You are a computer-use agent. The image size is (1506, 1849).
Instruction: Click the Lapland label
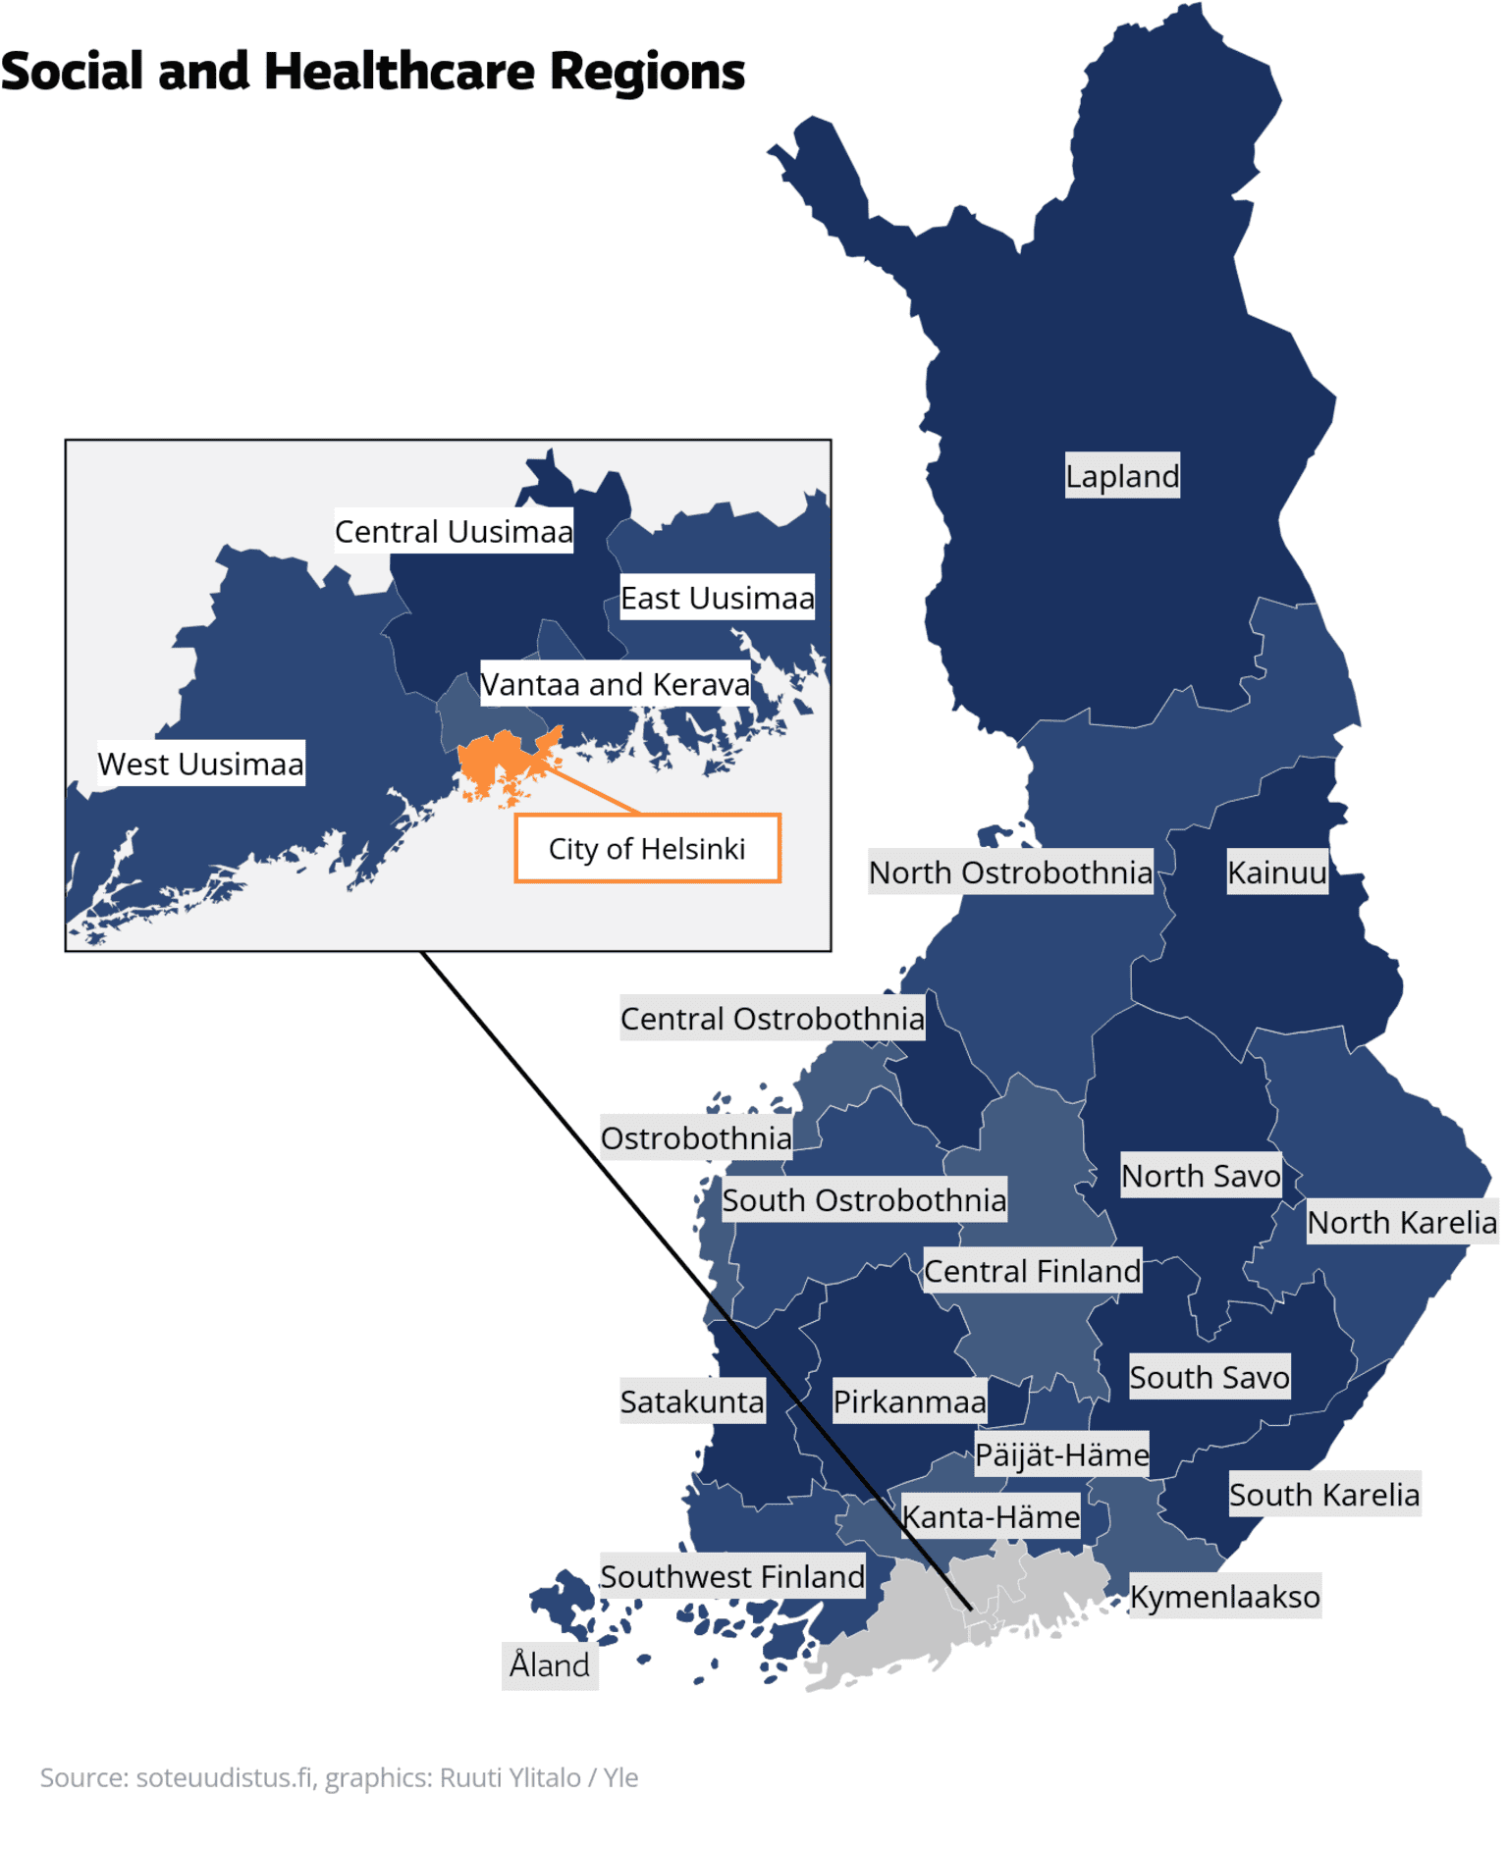(x=1122, y=476)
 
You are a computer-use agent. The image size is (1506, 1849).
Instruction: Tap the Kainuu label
(x=1276, y=872)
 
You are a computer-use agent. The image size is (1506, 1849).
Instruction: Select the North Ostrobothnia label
(x=1010, y=872)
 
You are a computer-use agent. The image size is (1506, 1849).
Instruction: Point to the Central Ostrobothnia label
(x=772, y=1019)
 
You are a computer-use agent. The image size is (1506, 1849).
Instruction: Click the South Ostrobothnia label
(x=864, y=1199)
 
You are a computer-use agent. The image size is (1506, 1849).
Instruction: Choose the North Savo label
(x=1201, y=1175)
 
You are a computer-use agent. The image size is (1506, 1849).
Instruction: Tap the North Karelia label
(x=1401, y=1222)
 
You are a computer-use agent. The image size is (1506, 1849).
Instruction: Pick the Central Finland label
(x=1032, y=1271)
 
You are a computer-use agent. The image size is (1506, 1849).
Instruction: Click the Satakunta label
(x=692, y=1401)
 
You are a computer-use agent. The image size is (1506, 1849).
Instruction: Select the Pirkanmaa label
(x=909, y=1401)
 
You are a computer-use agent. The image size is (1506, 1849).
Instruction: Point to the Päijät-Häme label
(x=1061, y=1454)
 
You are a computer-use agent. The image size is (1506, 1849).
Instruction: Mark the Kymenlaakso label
(x=1224, y=1597)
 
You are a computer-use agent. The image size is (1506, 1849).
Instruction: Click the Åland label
(x=550, y=1665)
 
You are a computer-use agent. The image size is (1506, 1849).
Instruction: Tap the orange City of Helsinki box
(x=647, y=849)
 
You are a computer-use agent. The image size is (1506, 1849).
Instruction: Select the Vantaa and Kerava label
(x=615, y=684)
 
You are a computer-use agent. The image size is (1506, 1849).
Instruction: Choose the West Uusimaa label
(x=200, y=764)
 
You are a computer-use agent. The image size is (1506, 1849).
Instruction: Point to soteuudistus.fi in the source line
(x=224, y=1777)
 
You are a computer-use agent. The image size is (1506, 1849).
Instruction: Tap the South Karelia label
(x=1323, y=1494)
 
